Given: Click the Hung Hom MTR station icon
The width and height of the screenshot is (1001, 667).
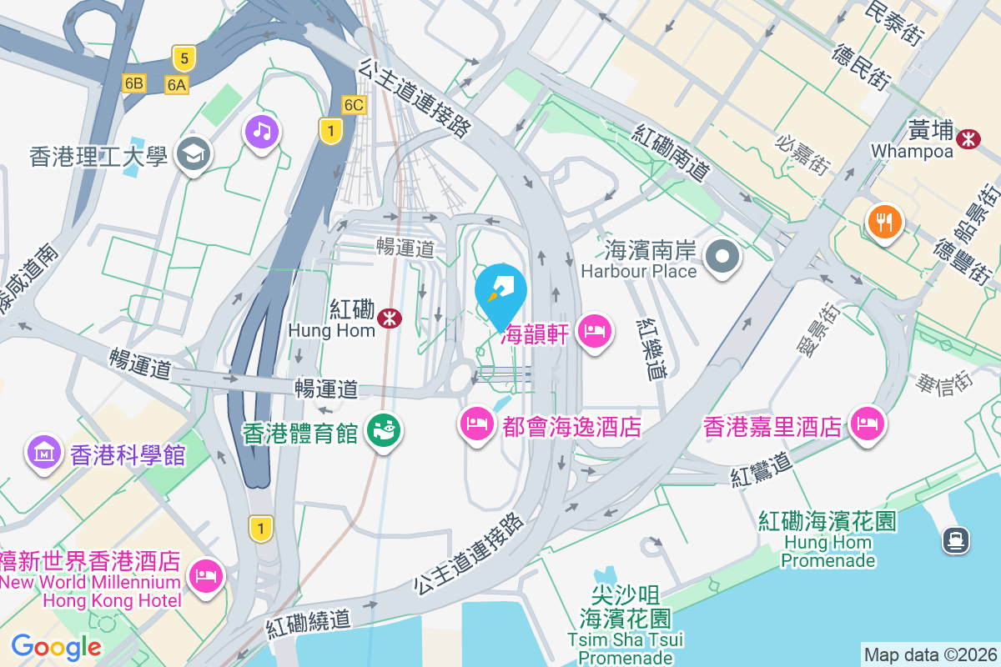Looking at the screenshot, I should [388, 318].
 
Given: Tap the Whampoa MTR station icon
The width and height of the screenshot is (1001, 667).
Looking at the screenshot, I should [969, 138].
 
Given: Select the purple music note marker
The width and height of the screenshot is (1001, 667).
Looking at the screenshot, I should [262, 131].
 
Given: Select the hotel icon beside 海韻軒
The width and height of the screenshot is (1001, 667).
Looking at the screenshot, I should [594, 331].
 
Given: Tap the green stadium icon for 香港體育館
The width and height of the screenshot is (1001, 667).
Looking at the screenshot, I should [385, 431].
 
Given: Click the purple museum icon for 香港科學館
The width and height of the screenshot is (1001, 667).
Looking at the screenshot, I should [43, 453].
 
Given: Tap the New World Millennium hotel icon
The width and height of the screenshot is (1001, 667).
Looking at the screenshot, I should [205, 574].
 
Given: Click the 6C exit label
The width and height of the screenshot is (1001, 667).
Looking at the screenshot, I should [354, 104].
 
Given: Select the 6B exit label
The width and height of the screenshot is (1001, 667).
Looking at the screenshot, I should [133, 83].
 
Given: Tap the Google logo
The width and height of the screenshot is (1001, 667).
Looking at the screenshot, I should [56, 647].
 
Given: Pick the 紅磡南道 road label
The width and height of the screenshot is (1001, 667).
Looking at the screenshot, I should [672, 153].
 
